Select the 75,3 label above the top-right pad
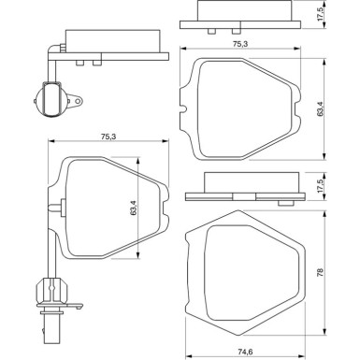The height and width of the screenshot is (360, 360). (x=244, y=42)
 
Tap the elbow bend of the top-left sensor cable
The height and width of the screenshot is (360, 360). (x=49, y=52)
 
